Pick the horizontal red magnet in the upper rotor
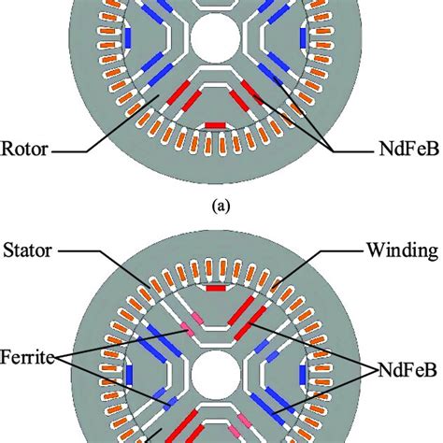point(214,124)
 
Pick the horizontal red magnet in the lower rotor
point(216,289)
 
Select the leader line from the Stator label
point(103,250)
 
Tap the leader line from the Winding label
point(318,250)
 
